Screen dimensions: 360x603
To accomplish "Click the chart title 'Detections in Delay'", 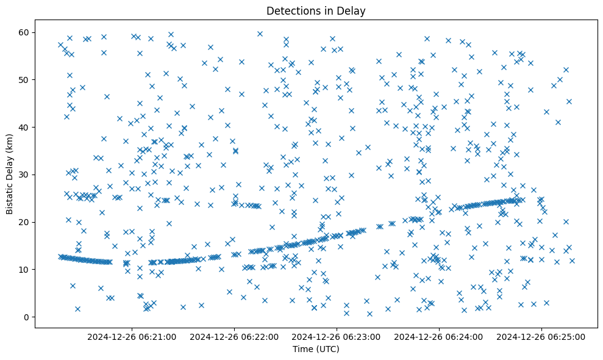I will click(316, 10).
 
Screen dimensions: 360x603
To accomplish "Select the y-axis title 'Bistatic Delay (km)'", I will click(10, 174).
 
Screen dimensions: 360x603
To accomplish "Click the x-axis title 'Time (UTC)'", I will click(316, 349).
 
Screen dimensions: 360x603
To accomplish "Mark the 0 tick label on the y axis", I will click(27, 317).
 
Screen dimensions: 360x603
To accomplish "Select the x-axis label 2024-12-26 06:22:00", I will click(234, 336).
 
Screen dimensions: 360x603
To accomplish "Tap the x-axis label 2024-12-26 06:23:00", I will click(337, 336).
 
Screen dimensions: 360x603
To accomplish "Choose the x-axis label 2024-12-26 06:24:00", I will click(439, 336).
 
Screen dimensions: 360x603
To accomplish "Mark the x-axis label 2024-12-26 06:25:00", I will click(541, 336).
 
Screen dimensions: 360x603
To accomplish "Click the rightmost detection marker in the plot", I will click(572, 261).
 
